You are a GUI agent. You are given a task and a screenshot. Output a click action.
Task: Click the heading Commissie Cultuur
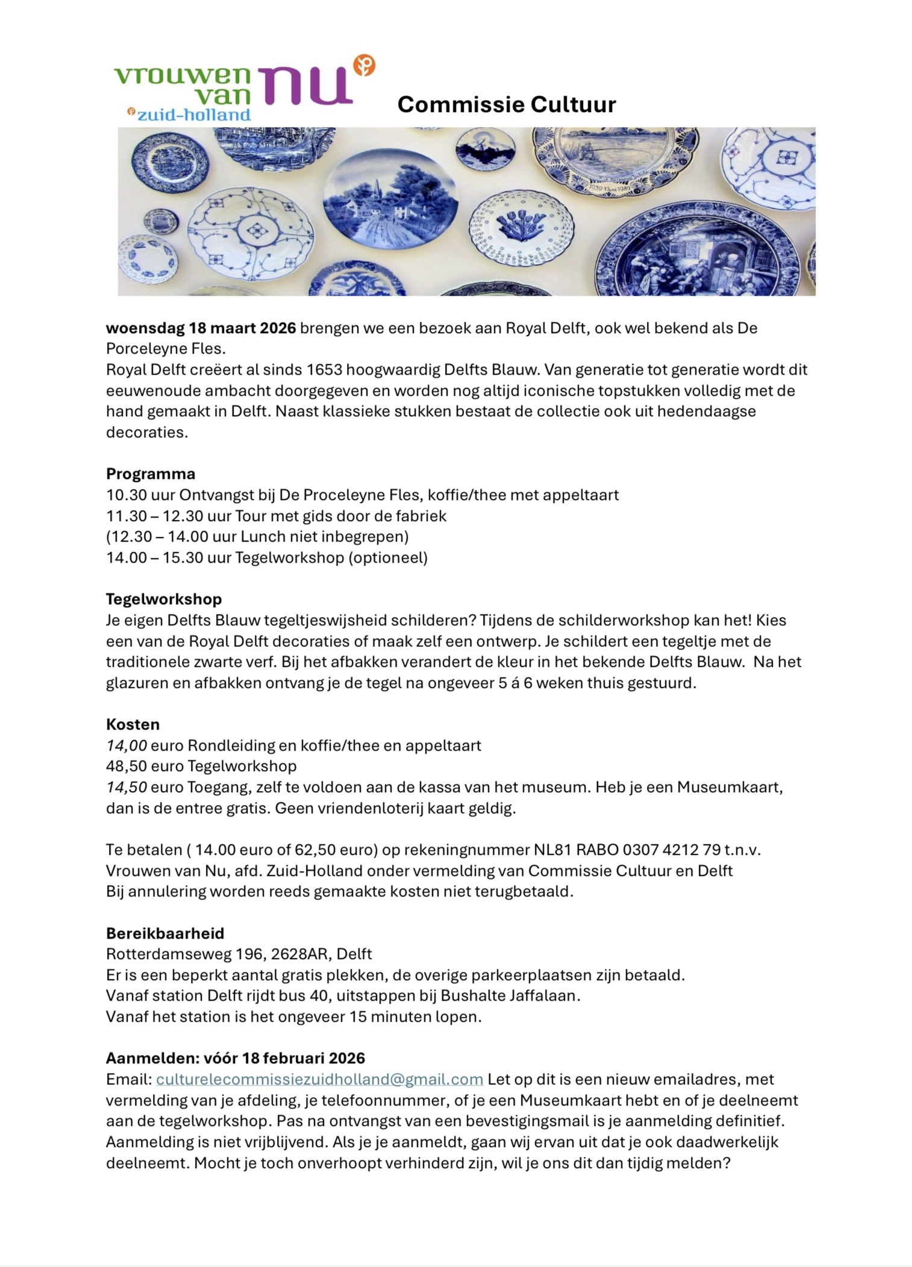coord(506,104)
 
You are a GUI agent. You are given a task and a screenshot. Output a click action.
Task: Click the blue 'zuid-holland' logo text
coord(193,114)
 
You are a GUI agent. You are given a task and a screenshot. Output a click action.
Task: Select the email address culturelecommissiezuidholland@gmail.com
coord(319,1078)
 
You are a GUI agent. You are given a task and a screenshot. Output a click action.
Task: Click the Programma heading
coord(151,474)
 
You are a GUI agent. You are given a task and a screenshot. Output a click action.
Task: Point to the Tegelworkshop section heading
coord(164,599)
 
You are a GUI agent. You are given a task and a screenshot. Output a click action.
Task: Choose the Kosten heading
coord(133,724)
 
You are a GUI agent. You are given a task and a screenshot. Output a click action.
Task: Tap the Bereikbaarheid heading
coord(165,933)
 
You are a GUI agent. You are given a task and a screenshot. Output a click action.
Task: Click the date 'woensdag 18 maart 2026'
coord(201,328)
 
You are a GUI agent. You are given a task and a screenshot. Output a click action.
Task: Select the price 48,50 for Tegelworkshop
coord(126,766)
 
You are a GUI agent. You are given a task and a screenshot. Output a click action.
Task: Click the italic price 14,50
coord(126,787)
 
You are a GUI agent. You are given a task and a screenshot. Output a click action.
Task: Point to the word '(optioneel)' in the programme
coord(388,557)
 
